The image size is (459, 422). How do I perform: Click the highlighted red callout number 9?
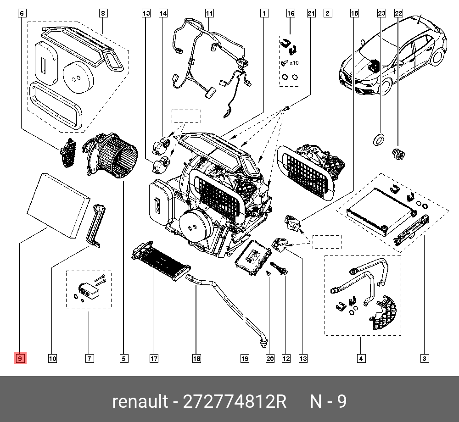(21, 358)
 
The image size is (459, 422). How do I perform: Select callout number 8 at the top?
(103, 14)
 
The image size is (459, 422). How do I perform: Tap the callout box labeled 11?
(209, 14)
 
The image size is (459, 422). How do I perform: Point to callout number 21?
(311, 14)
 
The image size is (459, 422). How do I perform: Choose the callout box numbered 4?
(362, 358)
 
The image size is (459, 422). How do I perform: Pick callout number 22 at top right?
(398, 14)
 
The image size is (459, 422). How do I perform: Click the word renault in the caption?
(140, 402)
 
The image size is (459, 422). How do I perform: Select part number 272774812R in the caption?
(235, 402)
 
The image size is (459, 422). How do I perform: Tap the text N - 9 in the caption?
(328, 402)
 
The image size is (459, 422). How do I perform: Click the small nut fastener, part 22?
(397, 154)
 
